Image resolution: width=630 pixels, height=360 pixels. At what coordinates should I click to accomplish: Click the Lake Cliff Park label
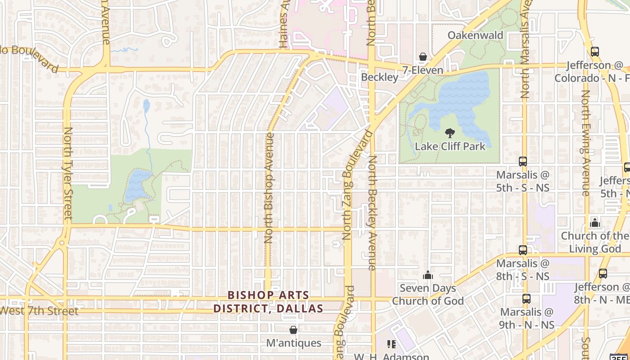pos(450,146)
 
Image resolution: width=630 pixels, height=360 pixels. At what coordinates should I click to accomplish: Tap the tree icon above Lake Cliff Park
pos(449,133)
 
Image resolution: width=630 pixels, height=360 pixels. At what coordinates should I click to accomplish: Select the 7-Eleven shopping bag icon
pos(423,57)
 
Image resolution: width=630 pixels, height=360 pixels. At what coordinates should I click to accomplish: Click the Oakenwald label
pos(475,36)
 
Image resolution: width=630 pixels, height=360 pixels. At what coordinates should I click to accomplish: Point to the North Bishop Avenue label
pos(269,188)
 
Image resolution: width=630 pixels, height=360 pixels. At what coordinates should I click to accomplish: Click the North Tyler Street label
pos(68,173)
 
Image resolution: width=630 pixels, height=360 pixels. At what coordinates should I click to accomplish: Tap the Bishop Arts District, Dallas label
pos(268,302)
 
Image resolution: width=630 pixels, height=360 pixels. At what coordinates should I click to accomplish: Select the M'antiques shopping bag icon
pos(293,330)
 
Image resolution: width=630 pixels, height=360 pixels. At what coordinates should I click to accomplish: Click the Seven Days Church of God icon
pos(427,274)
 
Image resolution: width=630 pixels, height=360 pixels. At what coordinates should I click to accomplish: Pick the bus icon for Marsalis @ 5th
pos(522,161)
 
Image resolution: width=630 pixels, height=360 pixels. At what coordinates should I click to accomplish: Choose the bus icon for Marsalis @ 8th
pos(522,250)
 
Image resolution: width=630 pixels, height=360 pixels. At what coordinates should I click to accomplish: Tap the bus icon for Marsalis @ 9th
pos(526,298)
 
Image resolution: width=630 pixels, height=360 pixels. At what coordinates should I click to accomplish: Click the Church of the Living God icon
pos(595,222)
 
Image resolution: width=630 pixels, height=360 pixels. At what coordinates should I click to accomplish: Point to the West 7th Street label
pos(39,310)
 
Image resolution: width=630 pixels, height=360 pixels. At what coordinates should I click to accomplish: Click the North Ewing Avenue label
pos(585,143)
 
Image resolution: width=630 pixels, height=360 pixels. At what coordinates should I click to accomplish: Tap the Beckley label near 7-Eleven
pos(380,77)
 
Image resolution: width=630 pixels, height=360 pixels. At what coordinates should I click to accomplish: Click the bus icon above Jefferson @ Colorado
pos(594,52)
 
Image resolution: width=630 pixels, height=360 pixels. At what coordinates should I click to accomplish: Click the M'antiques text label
pos(293,343)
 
